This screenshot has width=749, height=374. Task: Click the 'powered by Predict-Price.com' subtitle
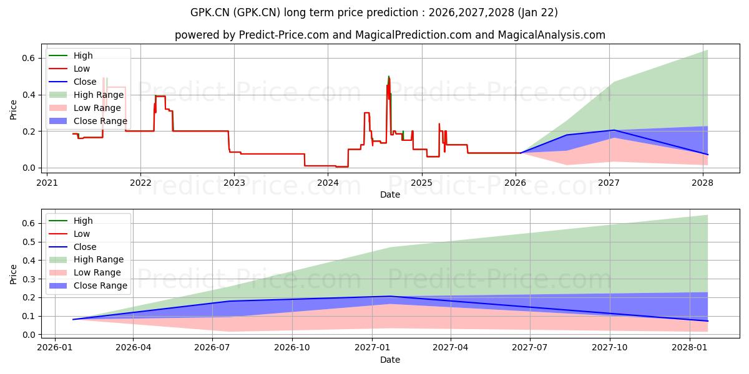[390, 35]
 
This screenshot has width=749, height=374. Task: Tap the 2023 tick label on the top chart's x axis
[234, 183]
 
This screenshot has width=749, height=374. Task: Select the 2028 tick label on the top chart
[703, 183]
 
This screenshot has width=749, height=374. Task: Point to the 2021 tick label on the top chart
[47, 183]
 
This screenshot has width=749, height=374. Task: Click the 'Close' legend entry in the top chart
[85, 82]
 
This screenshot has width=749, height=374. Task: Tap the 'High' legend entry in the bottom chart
[83, 221]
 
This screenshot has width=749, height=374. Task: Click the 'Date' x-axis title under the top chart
[390, 194]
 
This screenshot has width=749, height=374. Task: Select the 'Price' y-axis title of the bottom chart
[14, 274]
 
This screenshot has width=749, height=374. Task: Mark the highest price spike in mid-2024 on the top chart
[389, 77]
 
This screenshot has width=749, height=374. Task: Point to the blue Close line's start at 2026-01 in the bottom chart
[73, 319]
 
